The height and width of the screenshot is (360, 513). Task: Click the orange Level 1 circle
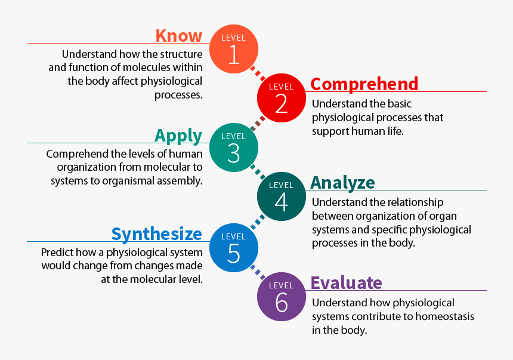tap(234, 49)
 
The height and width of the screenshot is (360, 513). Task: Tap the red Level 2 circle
tap(282, 98)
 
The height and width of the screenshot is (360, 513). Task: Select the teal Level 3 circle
tap(234, 147)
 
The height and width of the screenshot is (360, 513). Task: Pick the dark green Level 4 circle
tap(282, 196)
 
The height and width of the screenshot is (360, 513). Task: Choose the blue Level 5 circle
tap(234, 248)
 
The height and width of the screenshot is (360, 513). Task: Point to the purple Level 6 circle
tap(282, 297)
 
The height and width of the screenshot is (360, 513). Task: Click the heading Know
tap(179, 36)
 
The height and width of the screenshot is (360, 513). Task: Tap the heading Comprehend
tap(364, 84)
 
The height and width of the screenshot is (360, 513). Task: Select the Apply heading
tap(178, 136)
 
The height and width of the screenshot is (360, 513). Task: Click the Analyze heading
tap(342, 183)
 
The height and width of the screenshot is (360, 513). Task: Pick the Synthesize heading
tap(157, 234)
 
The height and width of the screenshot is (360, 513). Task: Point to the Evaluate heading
tap(346, 283)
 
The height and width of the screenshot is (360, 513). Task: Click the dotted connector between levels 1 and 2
tap(258, 73)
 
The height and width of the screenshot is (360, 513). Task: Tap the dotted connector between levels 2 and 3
tap(258, 123)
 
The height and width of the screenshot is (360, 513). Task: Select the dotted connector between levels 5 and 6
tap(258, 272)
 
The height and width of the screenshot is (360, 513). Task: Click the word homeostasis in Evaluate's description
tap(444, 316)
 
